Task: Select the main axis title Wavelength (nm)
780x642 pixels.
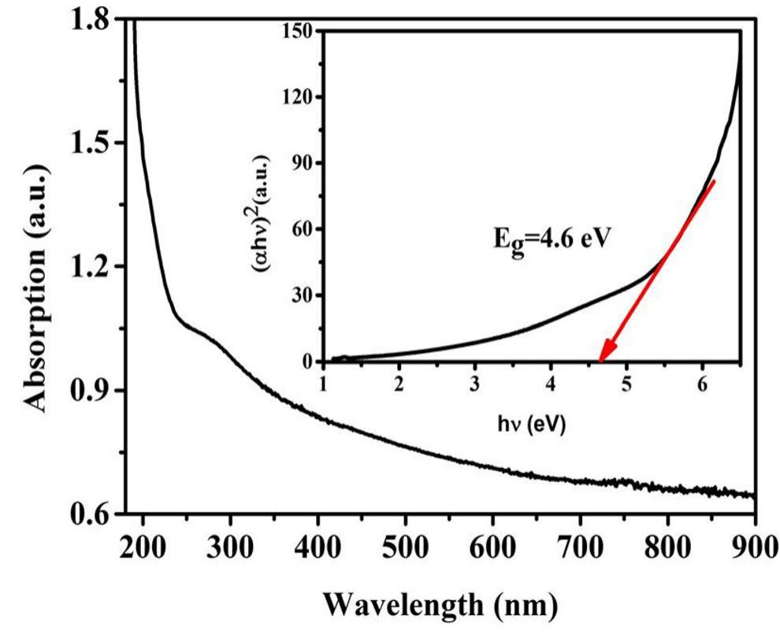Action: (x=441, y=606)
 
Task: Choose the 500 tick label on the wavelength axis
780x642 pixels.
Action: (x=404, y=545)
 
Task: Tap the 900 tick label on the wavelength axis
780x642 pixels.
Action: (x=754, y=545)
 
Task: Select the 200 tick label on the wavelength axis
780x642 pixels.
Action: (x=143, y=545)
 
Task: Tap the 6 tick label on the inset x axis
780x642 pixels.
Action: (x=701, y=385)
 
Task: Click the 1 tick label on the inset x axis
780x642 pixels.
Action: (x=323, y=385)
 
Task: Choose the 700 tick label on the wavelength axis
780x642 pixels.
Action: (x=579, y=545)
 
